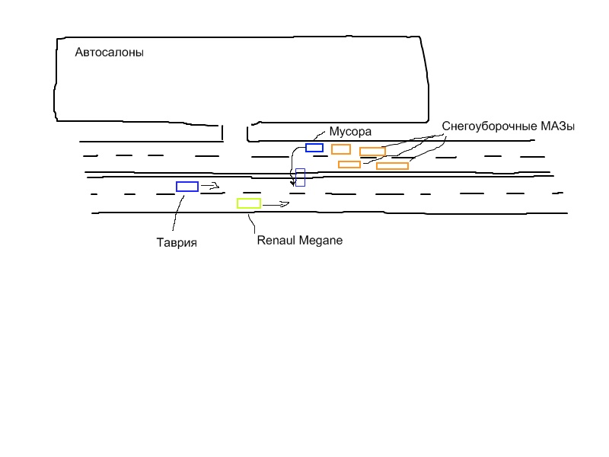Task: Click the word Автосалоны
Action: point(110,53)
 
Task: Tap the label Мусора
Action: point(349,131)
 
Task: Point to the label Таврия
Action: point(177,243)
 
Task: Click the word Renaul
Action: point(277,240)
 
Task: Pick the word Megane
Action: point(320,240)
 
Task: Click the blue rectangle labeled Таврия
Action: point(187,187)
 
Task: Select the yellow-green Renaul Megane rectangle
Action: point(249,203)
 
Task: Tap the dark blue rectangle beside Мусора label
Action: point(314,148)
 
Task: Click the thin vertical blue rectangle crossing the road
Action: point(300,177)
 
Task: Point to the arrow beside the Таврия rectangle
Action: point(210,185)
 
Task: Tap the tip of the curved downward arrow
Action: point(292,184)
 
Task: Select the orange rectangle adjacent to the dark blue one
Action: point(341,149)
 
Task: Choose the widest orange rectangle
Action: point(392,165)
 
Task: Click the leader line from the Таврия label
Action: point(177,213)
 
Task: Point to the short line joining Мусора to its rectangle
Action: point(320,136)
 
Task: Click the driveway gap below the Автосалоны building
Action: point(234,133)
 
